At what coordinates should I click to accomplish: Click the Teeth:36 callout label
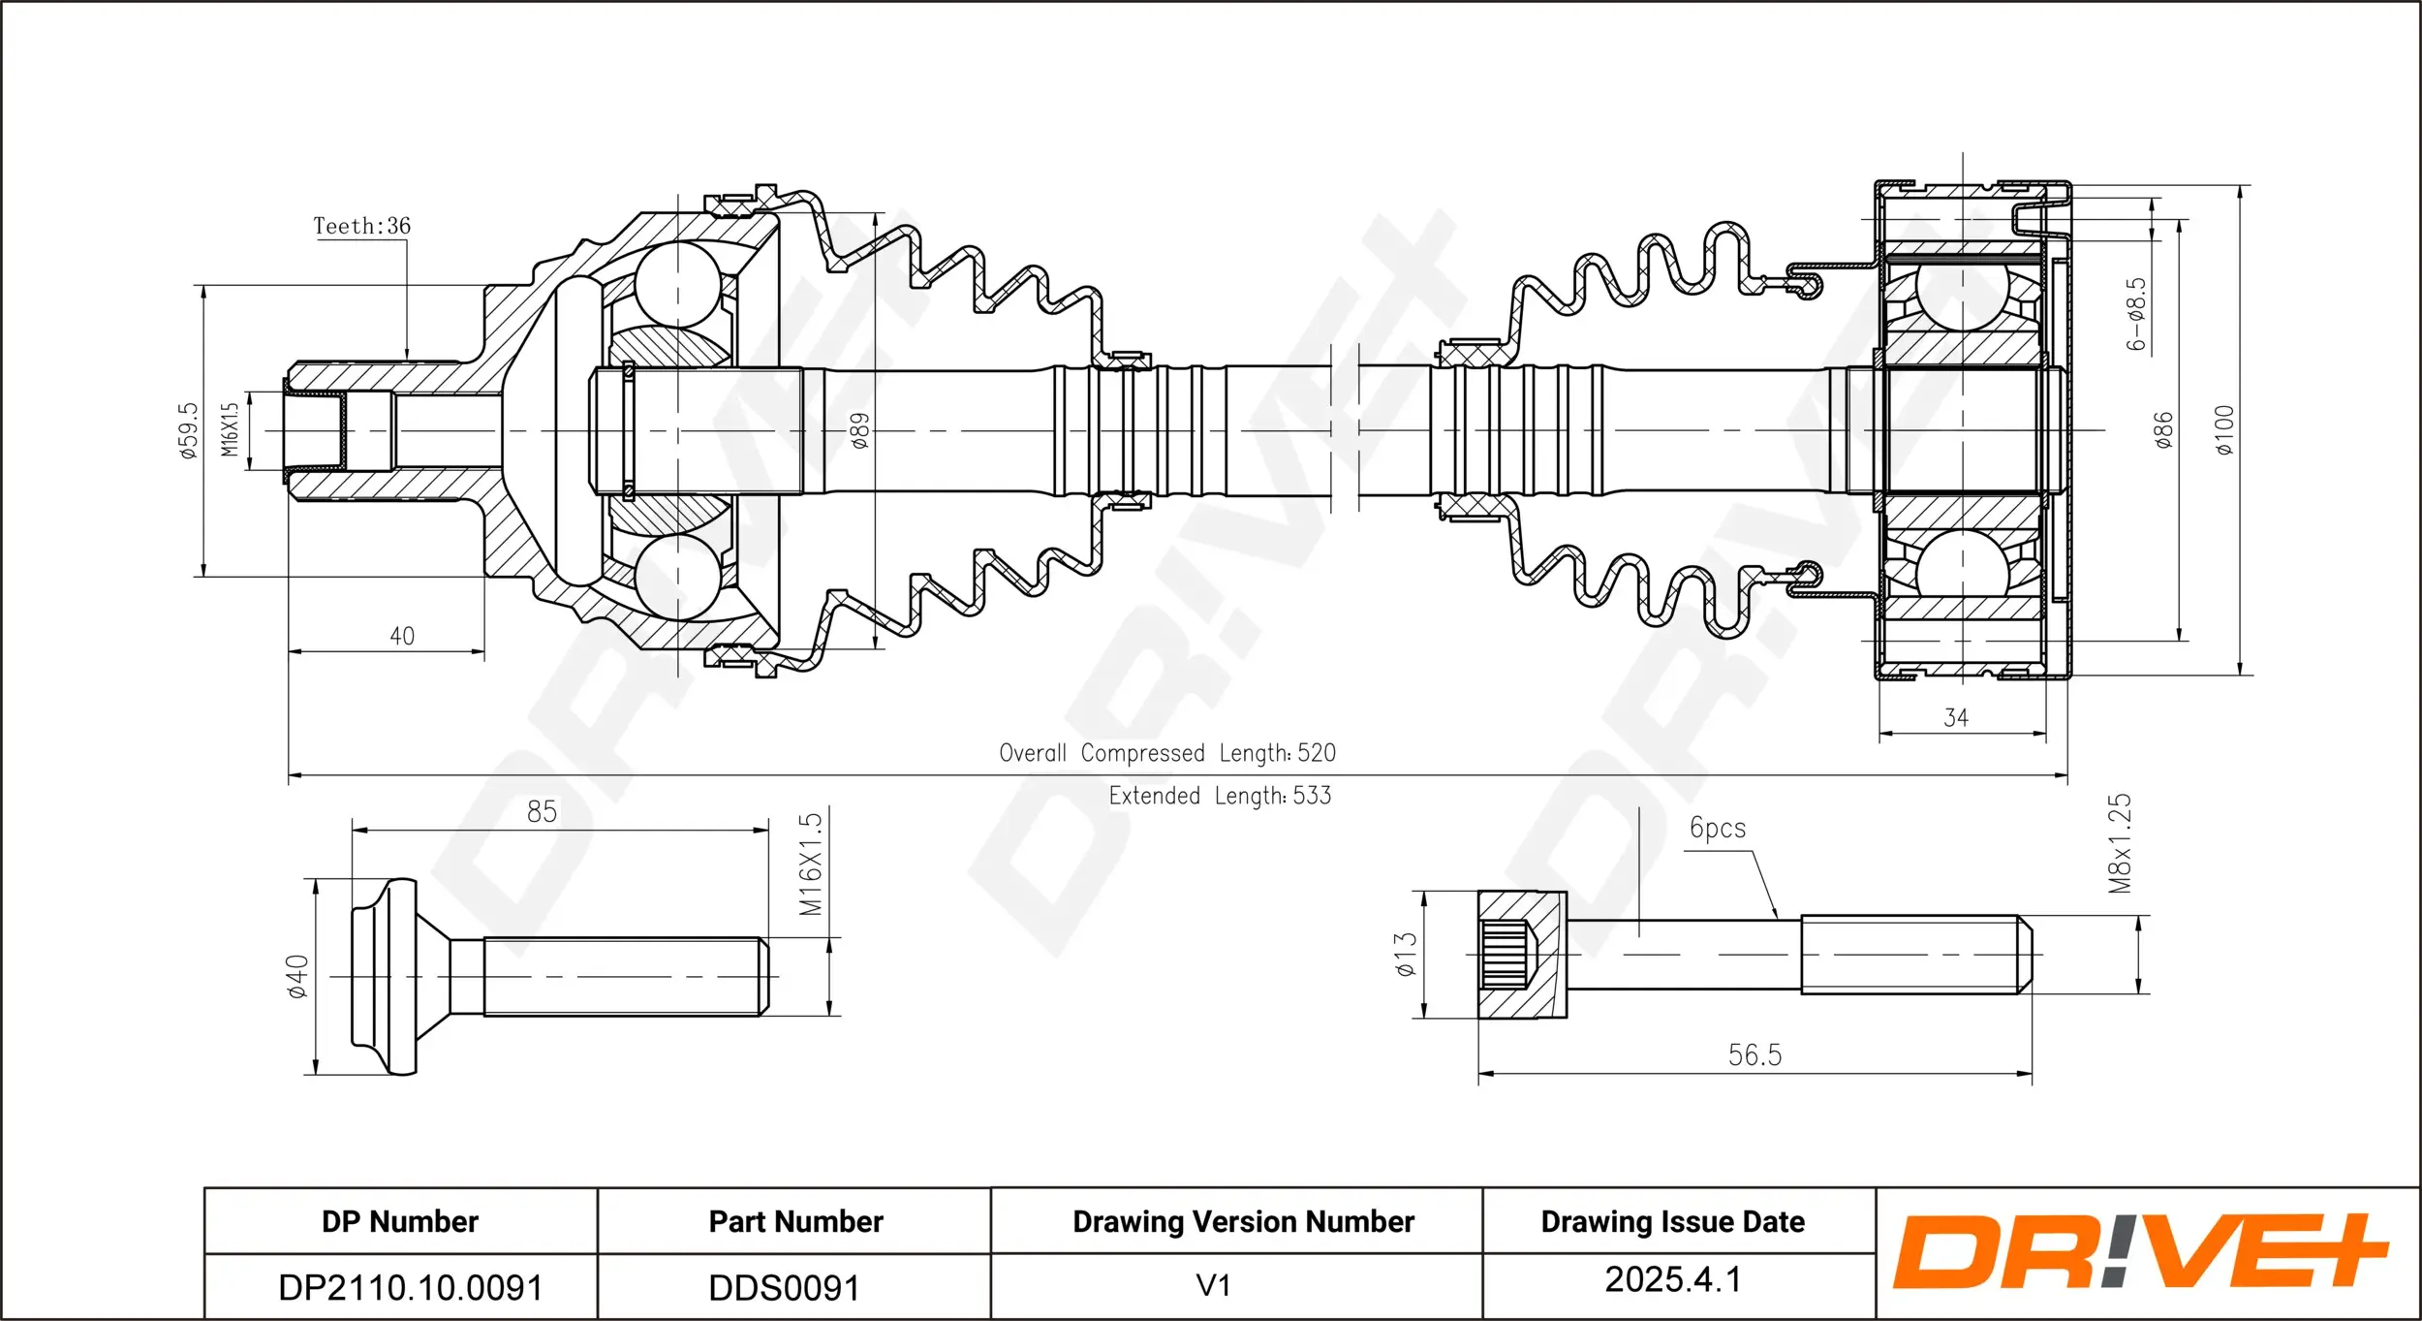[x=361, y=226]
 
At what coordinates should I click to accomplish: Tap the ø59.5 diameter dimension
[x=189, y=430]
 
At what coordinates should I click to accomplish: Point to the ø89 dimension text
[x=859, y=430]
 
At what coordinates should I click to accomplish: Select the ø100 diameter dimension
[x=2223, y=430]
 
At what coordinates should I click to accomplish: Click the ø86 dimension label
[x=2163, y=430]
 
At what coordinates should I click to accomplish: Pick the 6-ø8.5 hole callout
[x=2136, y=314]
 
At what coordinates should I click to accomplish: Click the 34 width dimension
[x=1956, y=718]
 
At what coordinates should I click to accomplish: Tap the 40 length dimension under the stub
[x=402, y=636]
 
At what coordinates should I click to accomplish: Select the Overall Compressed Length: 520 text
[x=1167, y=753]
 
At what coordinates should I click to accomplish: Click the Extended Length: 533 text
[x=1220, y=796]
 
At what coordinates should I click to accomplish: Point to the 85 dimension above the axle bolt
[x=543, y=811]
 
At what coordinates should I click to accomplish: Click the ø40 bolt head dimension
[x=297, y=976]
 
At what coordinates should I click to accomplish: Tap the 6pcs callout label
[x=1718, y=828]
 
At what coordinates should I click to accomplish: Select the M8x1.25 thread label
[x=2121, y=843]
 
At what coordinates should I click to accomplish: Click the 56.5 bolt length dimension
[x=1755, y=1054]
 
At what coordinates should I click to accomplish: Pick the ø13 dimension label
[x=1406, y=954]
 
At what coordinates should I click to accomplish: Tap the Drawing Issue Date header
[x=1673, y=1222]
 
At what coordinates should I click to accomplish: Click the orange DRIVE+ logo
[x=2141, y=1252]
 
